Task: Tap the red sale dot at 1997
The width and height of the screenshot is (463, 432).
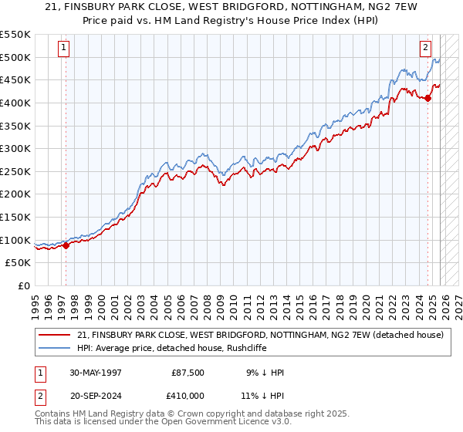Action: pyautogui.click(x=66, y=246)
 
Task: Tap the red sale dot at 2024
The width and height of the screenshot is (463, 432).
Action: pyautogui.click(x=428, y=98)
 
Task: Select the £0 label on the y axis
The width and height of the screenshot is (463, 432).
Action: pyautogui.click(x=25, y=286)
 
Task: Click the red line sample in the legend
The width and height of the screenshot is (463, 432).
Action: pyautogui.click(x=55, y=335)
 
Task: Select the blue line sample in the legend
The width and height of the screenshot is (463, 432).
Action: pyautogui.click(x=55, y=348)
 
